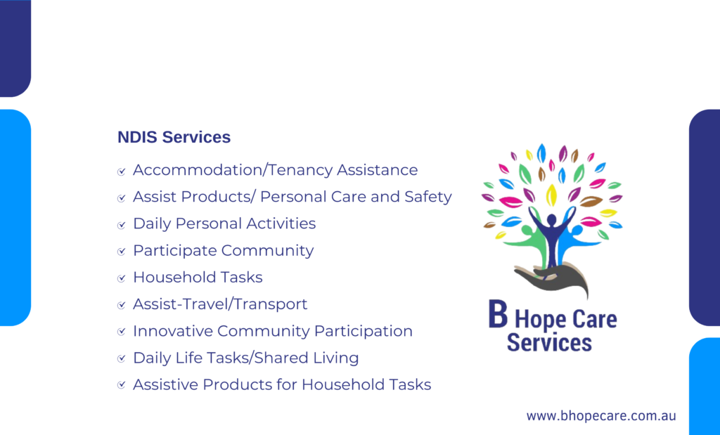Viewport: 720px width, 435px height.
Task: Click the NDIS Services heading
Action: click(x=174, y=137)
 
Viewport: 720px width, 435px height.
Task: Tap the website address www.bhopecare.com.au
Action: click(x=601, y=416)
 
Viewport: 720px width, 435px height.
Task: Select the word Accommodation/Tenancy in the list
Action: click(x=233, y=170)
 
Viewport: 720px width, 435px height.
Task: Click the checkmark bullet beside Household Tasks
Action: click(x=121, y=278)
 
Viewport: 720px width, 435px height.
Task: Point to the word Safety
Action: click(x=428, y=197)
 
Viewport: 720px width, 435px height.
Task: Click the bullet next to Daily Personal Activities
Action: click(x=121, y=225)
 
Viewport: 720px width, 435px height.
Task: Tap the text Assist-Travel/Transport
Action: click(x=220, y=304)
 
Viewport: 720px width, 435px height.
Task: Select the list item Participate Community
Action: click(x=223, y=251)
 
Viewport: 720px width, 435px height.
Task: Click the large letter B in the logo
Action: click(x=499, y=314)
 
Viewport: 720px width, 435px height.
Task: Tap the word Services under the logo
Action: click(x=549, y=343)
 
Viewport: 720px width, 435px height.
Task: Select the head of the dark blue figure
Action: click(x=551, y=219)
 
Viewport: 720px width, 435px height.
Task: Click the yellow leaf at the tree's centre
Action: click(x=551, y=195)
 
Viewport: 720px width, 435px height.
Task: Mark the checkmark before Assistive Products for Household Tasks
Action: click(x=121, y=385)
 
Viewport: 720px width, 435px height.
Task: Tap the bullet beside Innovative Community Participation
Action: click(x=121, y=332)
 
